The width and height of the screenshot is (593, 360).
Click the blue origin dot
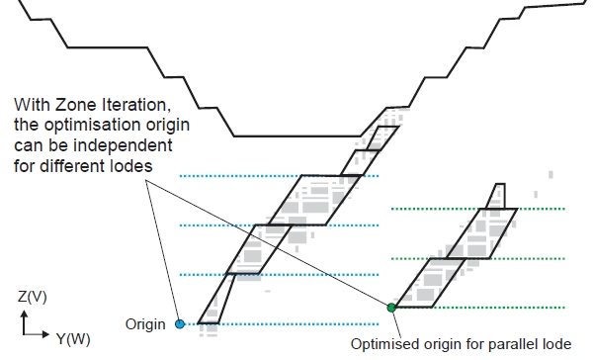pos(180,324)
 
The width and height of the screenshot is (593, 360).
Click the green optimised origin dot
pos(391,308)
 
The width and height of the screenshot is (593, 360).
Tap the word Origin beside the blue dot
pos(145,324)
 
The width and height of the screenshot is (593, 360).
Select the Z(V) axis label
pos(33,297)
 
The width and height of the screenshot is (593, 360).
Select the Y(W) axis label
pos(73,338)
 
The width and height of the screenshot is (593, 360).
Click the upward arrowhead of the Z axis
pos(25,314)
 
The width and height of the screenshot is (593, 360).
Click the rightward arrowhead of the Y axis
pos(45,334)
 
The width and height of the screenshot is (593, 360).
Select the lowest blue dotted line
pos(279,324)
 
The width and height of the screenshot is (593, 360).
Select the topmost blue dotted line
pos(279,176)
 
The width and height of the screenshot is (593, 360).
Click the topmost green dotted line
pos(478,209)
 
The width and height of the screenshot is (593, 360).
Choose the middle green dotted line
pos(478,258)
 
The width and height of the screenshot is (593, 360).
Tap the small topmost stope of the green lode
pos(497,197)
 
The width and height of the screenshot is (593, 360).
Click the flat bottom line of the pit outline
pos(297,135)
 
